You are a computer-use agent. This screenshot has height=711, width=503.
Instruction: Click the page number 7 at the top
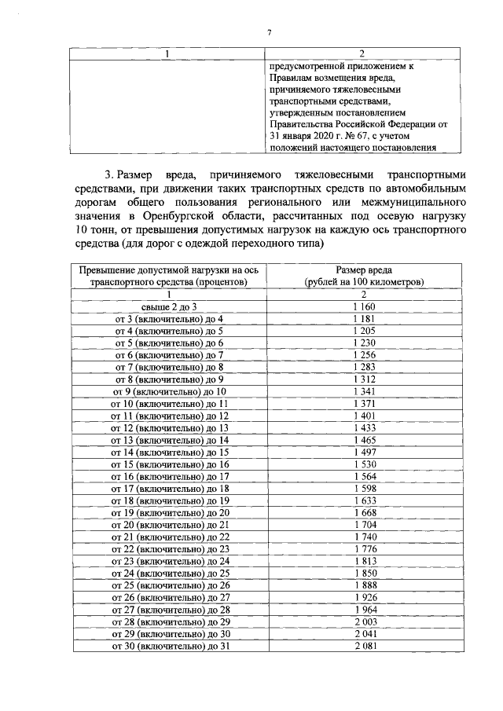(269, 32)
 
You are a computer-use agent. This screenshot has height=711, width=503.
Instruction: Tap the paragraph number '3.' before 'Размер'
(109, 174)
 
